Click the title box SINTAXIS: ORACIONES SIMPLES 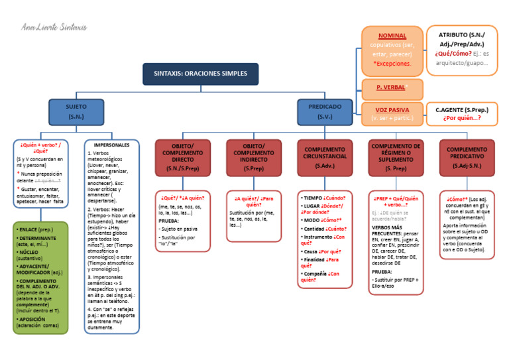pos(200,74)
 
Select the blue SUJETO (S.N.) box pos(76,111)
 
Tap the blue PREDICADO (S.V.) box pos(325,111)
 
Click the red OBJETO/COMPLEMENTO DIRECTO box pos(182,158)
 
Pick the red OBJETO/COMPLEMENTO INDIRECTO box pos(253,158)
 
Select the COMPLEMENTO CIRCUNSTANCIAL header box pos(325,158)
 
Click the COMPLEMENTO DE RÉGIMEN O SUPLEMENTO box pos(396,158)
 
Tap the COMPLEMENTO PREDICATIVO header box pos(467,158)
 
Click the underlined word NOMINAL pos(392,36)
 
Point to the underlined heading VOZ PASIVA pos(392,109)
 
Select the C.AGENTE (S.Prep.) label pos(461,109)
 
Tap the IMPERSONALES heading pos(111,145)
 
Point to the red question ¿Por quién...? pos(461,119)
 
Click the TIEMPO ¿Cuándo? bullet pos(324,198)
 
